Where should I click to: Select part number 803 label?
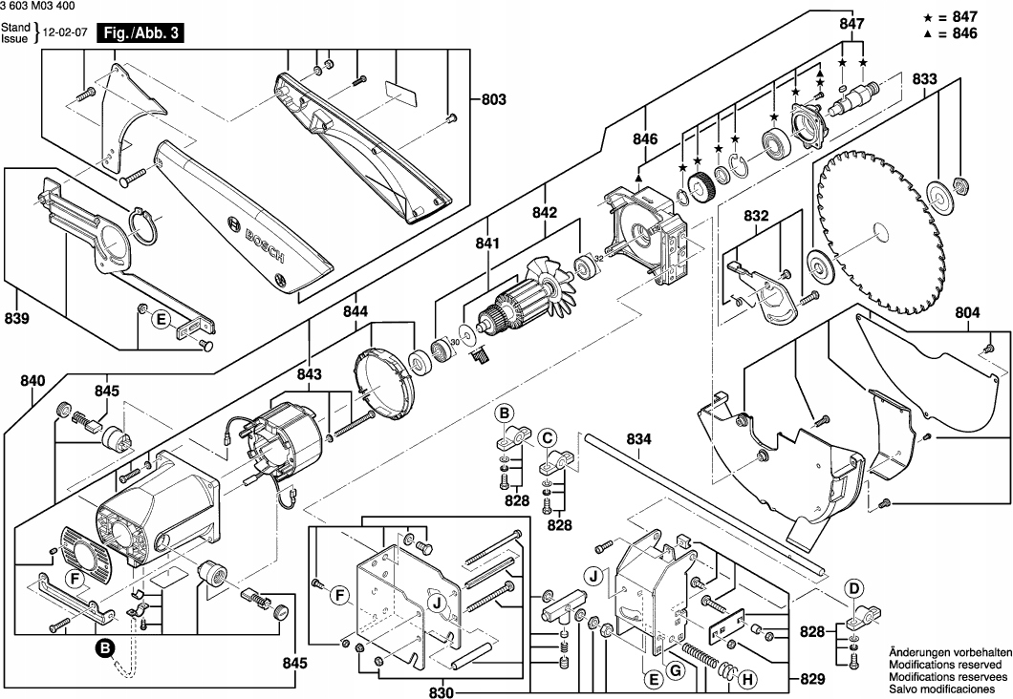[x=493, y=99]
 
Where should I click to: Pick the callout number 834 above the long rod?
[x=639, y=439]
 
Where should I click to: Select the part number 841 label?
[x=487, y=244]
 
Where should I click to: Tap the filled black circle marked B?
[x=104, y=649]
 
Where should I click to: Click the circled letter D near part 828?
[x=853, y=588]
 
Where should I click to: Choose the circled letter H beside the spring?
[x=747, y=680]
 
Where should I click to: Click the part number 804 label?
[x=967, y=311]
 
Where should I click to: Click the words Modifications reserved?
[x=944, y=663]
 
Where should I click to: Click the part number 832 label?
[x=757, y=217]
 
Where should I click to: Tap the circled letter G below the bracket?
[x=675, y=671]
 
